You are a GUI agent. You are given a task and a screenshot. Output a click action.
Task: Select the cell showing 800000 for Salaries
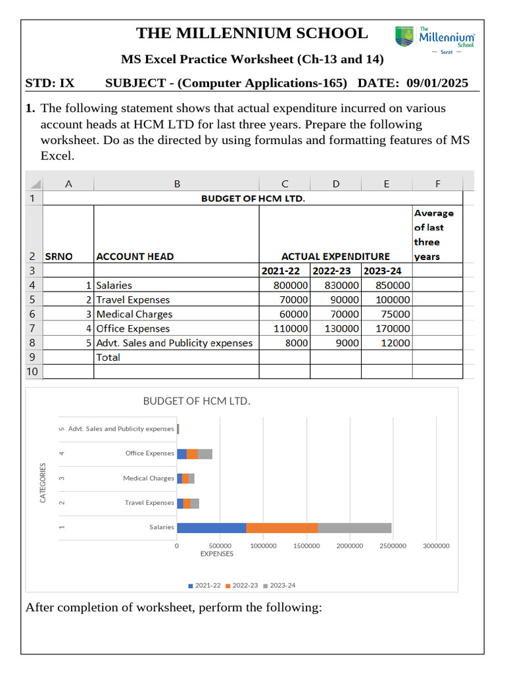[x=285, y=286]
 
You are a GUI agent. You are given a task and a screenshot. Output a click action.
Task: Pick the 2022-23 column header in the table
[x=335, y=271]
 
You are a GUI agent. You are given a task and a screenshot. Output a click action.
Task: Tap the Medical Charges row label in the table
[x=134, y=315]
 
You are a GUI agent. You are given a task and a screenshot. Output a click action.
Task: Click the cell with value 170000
[x=387, y=328]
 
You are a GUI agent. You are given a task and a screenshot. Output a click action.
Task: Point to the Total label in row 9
[x=108, y=357]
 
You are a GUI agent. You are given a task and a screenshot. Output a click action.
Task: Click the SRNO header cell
[x=59, y=257]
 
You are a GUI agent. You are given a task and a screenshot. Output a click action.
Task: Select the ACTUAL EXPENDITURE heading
[x=335, y=257]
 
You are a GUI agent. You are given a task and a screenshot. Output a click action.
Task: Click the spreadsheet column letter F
[x=438, y=184]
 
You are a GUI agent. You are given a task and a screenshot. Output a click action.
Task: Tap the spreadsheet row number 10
[x=32, y=372]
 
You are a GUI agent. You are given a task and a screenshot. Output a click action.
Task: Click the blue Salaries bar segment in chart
[x=211, y=527]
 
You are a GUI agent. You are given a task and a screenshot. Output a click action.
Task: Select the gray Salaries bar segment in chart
[x=354, y=527]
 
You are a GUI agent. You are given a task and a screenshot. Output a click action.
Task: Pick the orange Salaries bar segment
[x=281, y=527]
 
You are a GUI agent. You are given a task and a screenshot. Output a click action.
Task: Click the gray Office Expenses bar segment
[x=205, y=454]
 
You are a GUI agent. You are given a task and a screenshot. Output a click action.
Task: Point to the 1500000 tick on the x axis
[x=306, y=546]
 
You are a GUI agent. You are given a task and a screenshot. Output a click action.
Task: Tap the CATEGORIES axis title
[x=43, y=483]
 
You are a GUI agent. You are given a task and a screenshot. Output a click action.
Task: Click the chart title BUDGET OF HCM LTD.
[x=197, y=401]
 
